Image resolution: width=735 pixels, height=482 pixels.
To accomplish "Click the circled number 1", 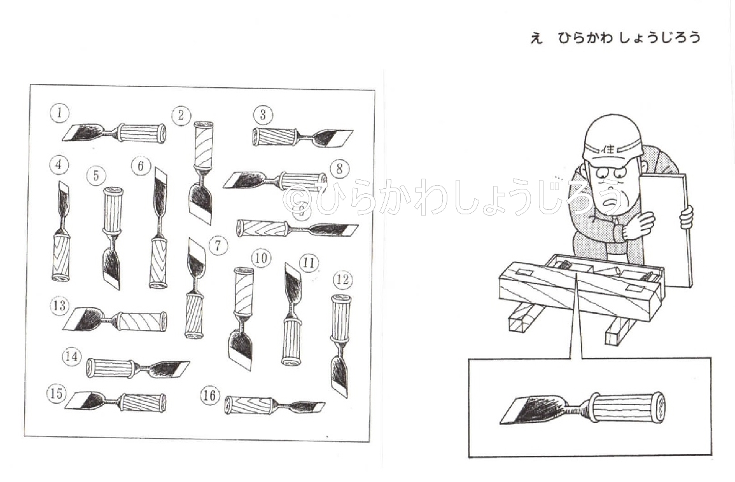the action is pyautogui.click(x=60, y=113).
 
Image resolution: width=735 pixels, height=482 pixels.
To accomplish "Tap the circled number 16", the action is pyautogui.click(x=209, y=396).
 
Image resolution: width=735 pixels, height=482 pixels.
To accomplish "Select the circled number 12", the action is pyautogui.click(x=342, y=280).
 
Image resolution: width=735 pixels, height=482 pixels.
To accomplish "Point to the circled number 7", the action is pyautogui.click(x=218, y=245).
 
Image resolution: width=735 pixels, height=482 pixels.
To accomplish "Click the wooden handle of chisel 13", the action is pyautogui.click(x=141, y=321).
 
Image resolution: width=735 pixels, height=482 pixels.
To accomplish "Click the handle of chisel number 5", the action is pyautogui.click(x=113, y=210).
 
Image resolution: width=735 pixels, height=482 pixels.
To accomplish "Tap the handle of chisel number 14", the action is pyautogui.click(x=111, y=368).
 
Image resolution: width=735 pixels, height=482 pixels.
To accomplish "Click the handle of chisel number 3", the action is pyautogui.click(x=275, y=137).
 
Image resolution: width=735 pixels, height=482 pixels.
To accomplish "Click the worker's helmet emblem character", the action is pyautogui.click(x=609, y=149).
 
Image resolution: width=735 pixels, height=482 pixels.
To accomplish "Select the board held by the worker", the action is pyautogui.click(x=666, y=230).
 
